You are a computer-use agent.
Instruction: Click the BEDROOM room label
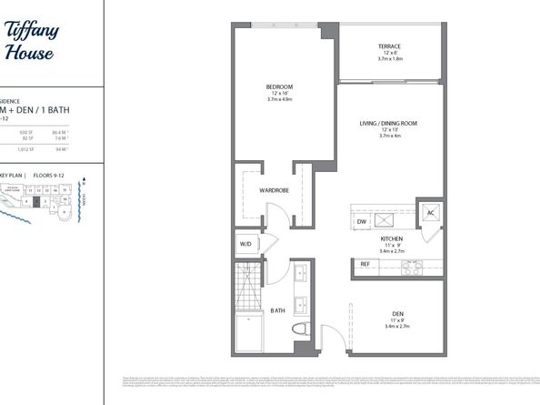tap(279, 87)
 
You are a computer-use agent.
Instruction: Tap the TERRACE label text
tap(390, 47)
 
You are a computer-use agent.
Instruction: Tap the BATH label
tap(278, 310)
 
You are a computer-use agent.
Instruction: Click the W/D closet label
tap(245, 244)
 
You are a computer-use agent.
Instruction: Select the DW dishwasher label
tap(361, 221)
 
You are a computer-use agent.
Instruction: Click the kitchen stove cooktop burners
tap(412, 267)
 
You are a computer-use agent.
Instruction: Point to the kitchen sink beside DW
tap(386, 219)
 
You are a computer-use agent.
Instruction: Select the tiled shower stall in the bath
tap(246, 288)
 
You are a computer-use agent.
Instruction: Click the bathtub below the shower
tap(246, 333)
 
